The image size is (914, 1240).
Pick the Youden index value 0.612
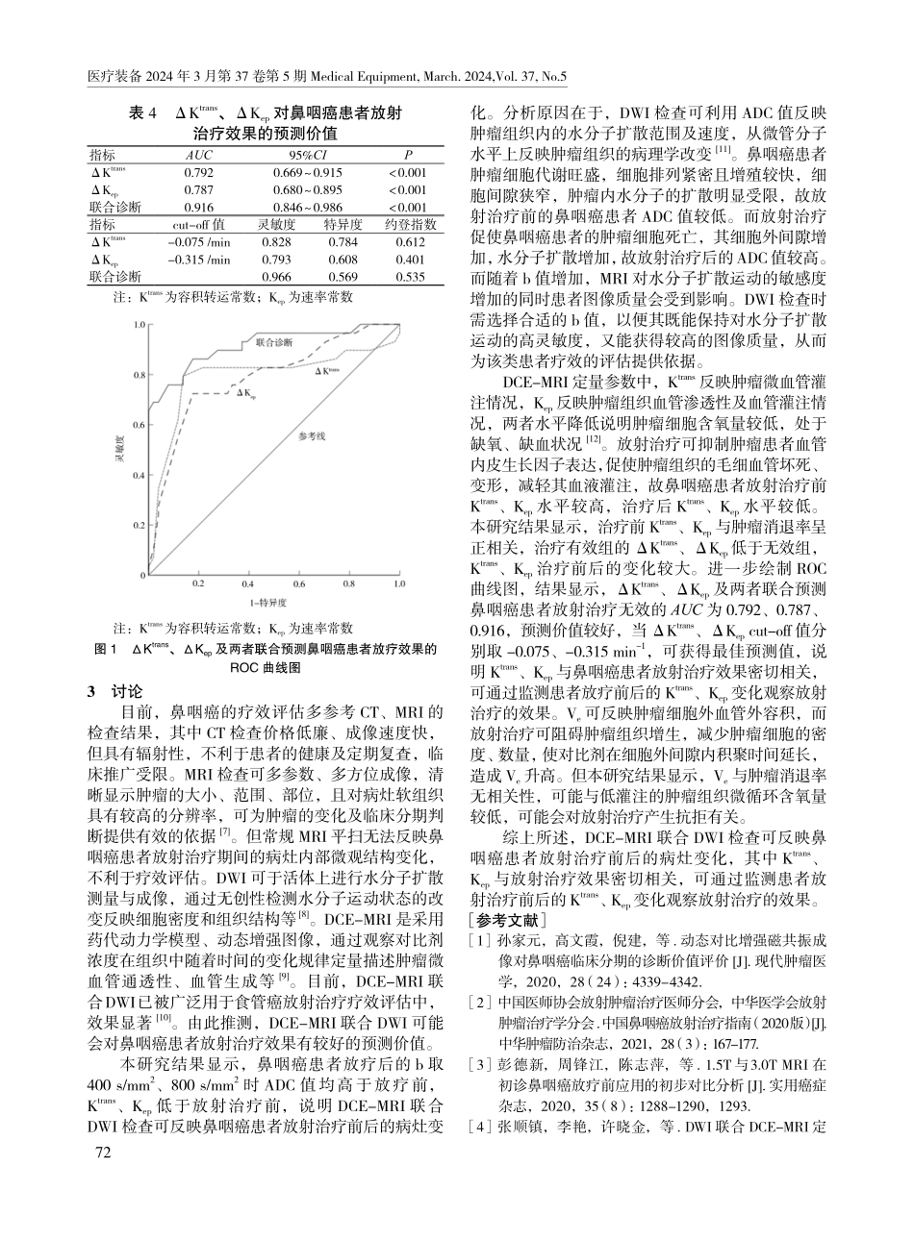click(410, 241)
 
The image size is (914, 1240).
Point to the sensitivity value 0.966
click(277, 277)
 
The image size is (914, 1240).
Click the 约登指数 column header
click(410, 224)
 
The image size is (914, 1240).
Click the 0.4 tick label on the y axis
click(140, 475)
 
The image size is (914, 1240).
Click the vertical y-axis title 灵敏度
click(120, 451)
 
